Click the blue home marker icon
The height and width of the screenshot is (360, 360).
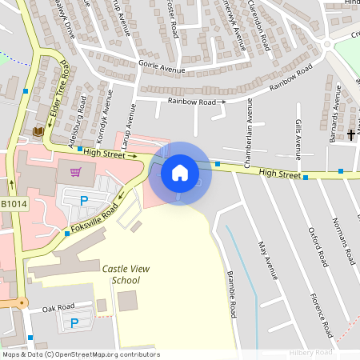180,173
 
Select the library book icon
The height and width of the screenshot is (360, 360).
38,131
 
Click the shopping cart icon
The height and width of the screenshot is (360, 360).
75,171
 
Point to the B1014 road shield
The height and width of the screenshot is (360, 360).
13,205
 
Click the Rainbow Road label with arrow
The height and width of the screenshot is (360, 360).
197,102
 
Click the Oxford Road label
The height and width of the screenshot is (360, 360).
319,246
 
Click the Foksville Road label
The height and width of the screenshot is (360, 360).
95,214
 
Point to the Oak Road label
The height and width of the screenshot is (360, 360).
58,307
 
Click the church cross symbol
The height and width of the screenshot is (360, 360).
350,135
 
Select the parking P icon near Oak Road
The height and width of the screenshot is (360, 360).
74,323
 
